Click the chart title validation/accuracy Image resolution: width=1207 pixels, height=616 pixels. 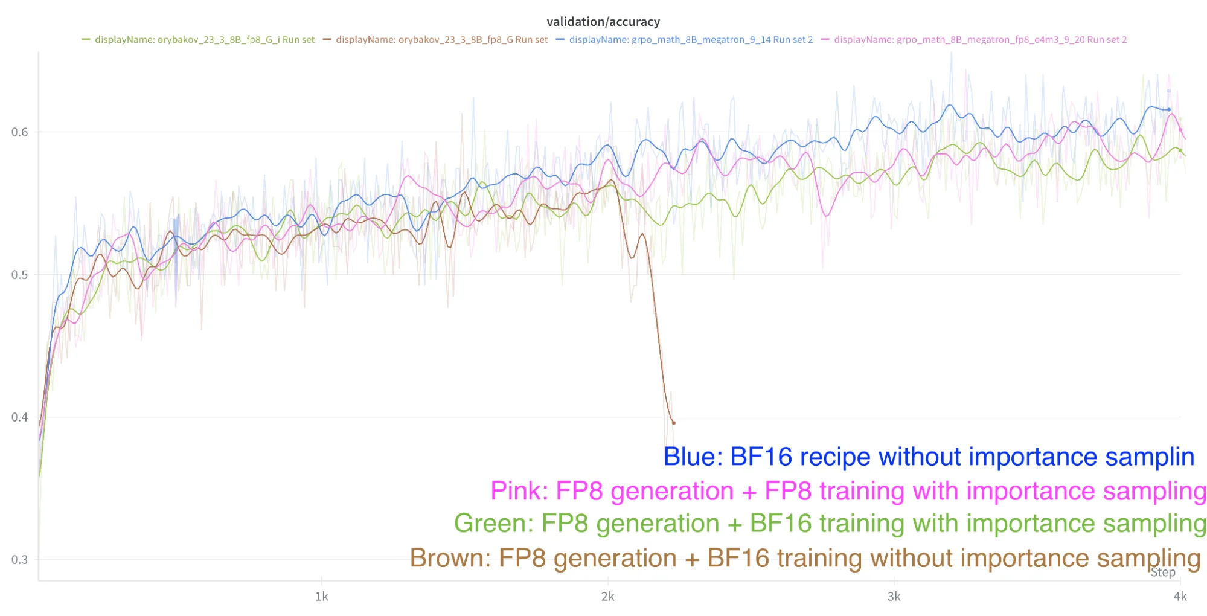(603, 22)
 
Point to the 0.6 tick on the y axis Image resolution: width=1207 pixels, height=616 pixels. (19, 132)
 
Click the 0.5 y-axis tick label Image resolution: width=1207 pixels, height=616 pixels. (19, 275)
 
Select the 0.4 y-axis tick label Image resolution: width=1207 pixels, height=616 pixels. (19, 417)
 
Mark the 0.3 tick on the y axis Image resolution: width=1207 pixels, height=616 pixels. (19, 560)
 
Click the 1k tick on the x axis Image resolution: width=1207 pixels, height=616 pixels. (322, 597)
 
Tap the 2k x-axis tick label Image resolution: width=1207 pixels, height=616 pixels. (607, 597)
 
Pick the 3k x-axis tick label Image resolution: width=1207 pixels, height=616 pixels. (894, 597)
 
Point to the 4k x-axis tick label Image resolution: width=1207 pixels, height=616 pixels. (1180, 597)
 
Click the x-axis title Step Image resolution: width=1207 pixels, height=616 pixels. (1162, 573)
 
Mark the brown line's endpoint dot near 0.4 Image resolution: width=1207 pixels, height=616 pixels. (673, 423)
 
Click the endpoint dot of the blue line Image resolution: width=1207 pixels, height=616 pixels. (1169, 110)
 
